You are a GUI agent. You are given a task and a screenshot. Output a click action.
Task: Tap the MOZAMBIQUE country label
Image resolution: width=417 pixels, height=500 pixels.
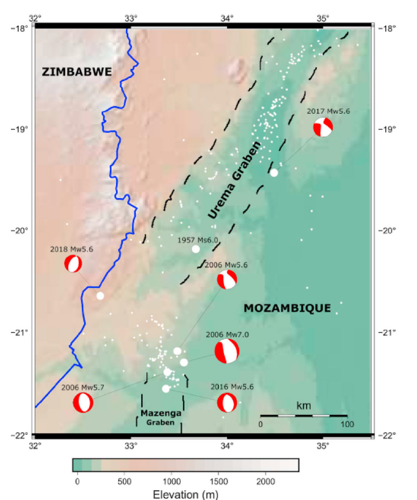point(287,308)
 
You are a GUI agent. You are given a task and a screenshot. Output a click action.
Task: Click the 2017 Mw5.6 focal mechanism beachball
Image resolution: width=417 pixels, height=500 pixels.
point(323,127)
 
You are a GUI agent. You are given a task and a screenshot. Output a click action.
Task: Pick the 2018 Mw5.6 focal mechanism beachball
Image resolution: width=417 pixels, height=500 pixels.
point(73,263)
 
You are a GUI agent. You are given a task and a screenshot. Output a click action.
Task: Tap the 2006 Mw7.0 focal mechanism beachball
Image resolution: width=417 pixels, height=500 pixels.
point(227,351)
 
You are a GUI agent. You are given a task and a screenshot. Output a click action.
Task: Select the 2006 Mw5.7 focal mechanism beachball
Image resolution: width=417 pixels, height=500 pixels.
point(83,402)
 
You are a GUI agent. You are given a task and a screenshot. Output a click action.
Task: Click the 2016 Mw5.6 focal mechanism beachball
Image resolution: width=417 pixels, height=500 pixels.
point(227,402)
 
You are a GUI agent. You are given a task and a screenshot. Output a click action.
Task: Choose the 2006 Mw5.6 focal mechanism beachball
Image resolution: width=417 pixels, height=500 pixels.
point(226,280)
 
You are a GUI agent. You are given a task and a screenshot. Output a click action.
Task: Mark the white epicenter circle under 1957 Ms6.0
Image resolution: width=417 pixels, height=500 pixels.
point(196,249)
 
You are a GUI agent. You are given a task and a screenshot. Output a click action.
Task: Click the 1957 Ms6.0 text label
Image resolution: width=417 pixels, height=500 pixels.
point(198,240)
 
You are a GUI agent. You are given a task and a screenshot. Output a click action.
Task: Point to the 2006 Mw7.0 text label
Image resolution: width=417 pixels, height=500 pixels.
point(227,334)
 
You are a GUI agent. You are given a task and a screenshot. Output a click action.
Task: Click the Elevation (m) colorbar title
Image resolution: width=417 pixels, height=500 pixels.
point(185,494)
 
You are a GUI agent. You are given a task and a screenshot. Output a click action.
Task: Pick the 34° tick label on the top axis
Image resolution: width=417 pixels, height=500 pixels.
point(227,17)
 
